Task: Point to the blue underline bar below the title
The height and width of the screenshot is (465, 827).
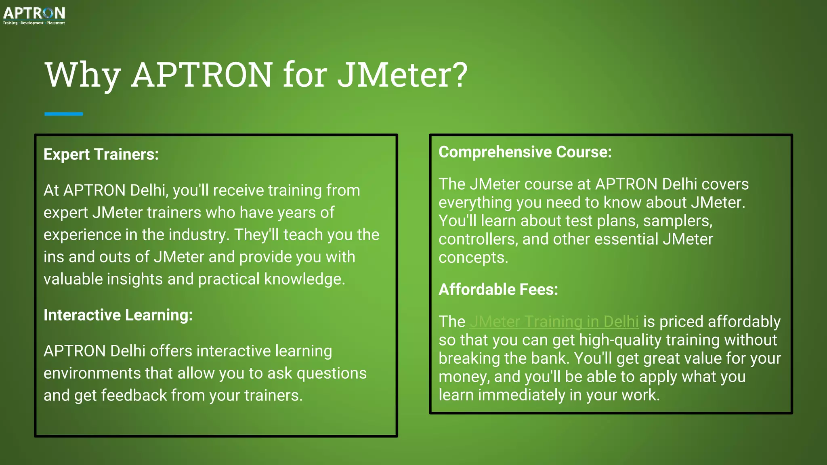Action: pos(63,114)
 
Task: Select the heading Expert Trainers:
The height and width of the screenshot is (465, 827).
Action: pos(101,155)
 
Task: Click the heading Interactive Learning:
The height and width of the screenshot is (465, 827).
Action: pos(118,315)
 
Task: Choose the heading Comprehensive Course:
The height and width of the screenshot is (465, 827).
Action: pos(525,152)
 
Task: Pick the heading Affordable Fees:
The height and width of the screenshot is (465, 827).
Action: pos(498,290)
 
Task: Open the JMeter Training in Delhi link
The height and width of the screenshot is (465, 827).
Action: pos(554,322)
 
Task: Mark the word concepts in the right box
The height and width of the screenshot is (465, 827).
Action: pos(472,258)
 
